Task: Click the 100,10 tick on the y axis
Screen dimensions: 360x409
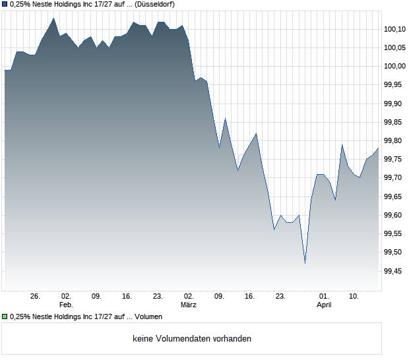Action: click(394, 29)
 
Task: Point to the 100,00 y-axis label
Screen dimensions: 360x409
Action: click(394, 66)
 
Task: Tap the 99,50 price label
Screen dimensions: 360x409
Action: click(394, 253)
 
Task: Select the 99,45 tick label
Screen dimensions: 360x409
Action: click(394, 271)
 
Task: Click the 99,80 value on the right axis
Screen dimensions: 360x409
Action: click(394, 140)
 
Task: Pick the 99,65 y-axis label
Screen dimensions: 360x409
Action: click(394, 196)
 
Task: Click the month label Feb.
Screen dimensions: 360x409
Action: click(65, 305)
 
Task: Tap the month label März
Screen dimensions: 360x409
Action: click(189, 305)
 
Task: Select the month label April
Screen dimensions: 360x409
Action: click(324, 305)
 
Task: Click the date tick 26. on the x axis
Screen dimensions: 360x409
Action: click(36, 296)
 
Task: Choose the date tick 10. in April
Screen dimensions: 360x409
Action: click(354, 296)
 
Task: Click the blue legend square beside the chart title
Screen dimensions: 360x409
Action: click(5, 4)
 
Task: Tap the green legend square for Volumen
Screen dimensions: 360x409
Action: click(5, 317)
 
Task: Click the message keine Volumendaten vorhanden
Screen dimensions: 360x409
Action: click(192, 339)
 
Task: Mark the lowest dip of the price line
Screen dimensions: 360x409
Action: click(305, 263)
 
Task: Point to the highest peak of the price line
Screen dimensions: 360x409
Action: click(53, 18)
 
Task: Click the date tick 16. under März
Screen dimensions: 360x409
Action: click(249, 296)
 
